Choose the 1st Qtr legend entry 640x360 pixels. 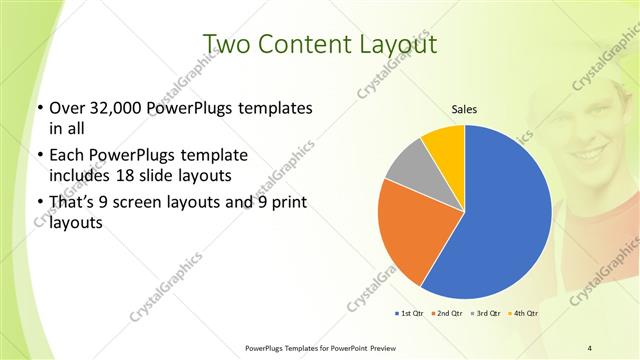(x=409, y=314)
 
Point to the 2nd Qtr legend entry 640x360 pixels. (x=446, y=314)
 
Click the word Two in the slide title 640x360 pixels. (x=226, y=44)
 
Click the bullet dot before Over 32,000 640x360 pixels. (x=38, y=108)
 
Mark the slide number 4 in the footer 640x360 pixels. (x=590, y=347)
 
